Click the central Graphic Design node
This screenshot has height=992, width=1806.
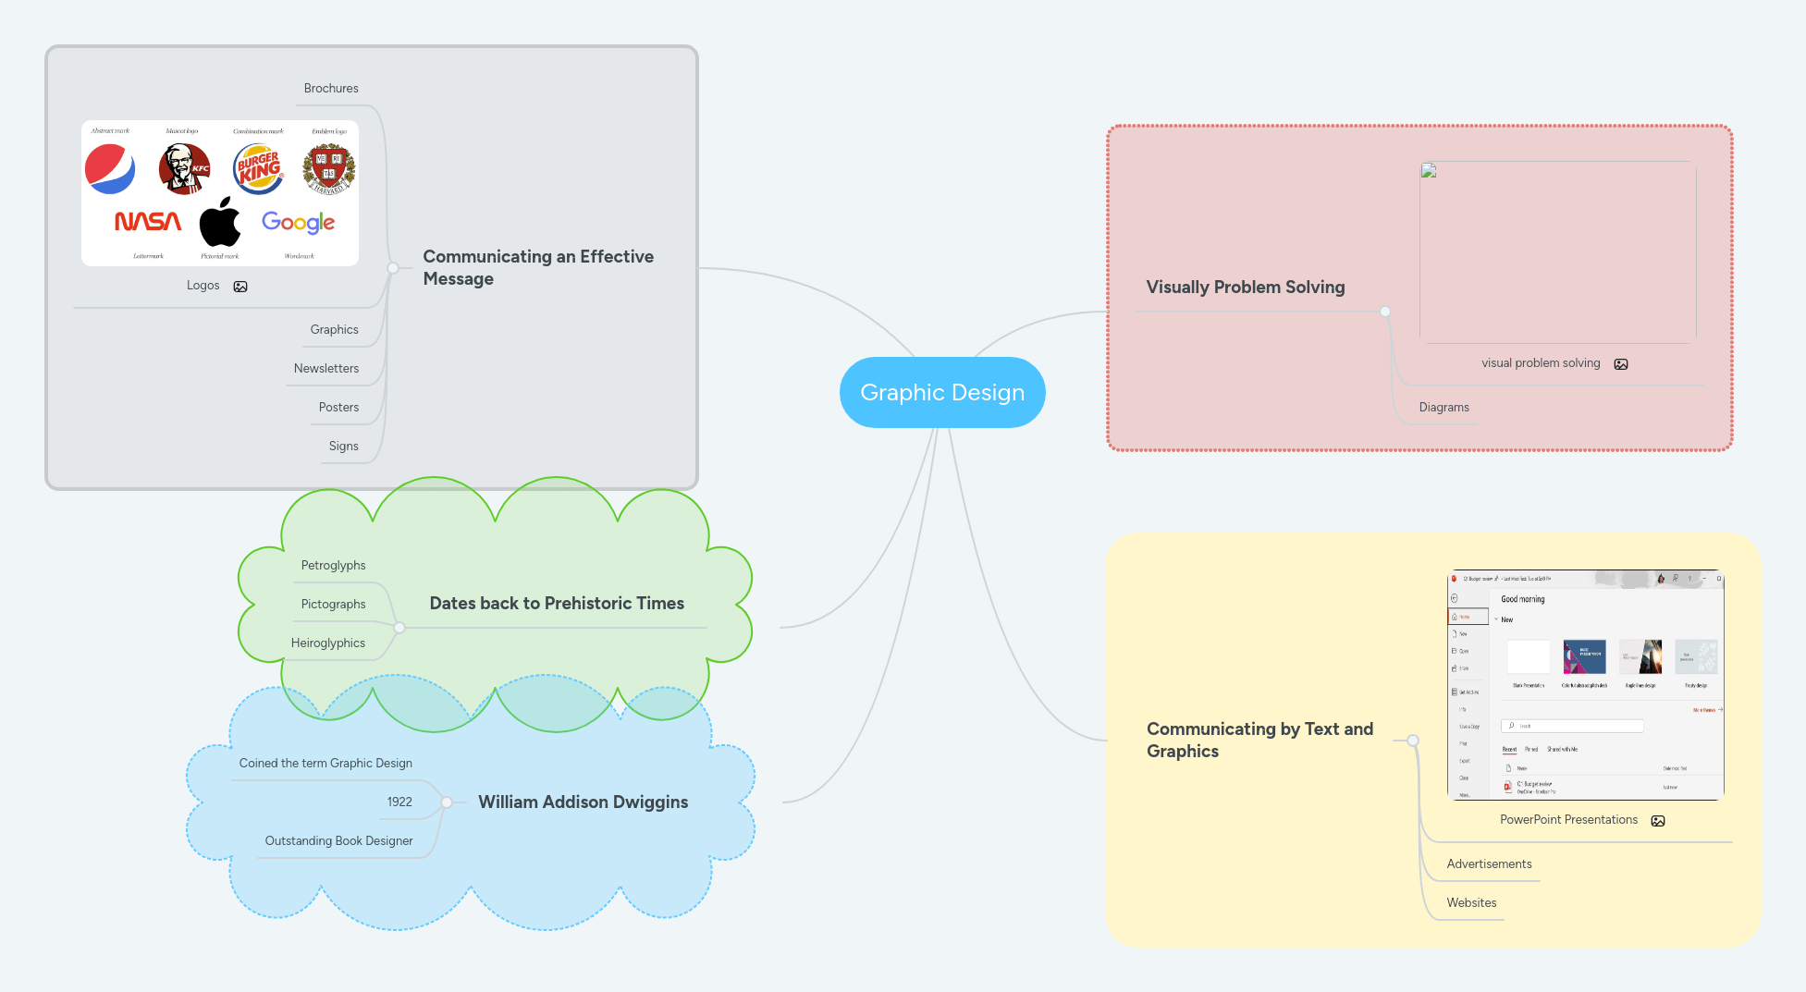[x=942, y=392]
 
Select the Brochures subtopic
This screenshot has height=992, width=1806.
[x=331, y=89]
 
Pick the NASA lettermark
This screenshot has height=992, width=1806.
[x=148, y=222]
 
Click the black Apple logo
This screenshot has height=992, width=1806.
[x=220, y=222]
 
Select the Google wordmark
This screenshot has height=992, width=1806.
[x=298, y=222]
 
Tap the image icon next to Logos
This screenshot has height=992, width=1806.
[x=240, y=287]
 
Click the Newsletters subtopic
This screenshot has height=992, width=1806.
[x=326, y=368]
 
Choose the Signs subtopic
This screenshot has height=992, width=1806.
[x=343, y=446]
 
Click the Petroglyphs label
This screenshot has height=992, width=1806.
[x=333, y=565]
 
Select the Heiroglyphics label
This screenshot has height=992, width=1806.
[x=327, y=643]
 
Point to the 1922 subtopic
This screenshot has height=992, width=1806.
[x=399, y=802]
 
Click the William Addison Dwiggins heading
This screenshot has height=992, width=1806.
[x=583, y=802]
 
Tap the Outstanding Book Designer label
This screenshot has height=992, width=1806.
[x=338, y=840]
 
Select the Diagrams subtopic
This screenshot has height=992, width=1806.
[x=1444, y=407]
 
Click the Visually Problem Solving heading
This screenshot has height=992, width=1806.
[x=1245, y=287]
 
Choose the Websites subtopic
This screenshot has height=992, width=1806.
[x=1471, y=902]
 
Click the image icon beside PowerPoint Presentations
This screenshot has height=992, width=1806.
[x=1658, y=821]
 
